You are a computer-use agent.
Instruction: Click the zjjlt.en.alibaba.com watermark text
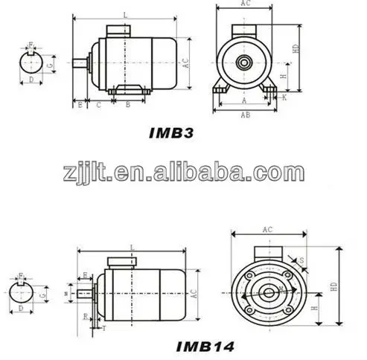[x=183, y=174]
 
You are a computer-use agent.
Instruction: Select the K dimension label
[x=284, y=97]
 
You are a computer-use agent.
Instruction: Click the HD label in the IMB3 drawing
[x=296, y=47]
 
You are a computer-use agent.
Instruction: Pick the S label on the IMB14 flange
[x=301, y=260]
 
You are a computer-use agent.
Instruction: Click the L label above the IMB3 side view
[x=124, y=14]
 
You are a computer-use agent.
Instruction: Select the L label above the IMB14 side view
[x=131, y=246]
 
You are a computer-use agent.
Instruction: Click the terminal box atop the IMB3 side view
[x=119, y=31]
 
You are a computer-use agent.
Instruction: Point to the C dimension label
[x=98, y=105]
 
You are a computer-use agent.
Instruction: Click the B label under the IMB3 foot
[x=128, y=105]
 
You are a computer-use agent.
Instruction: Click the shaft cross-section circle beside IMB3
[x=31, y=64]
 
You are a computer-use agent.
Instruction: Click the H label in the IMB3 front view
[x=283, y=76]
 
